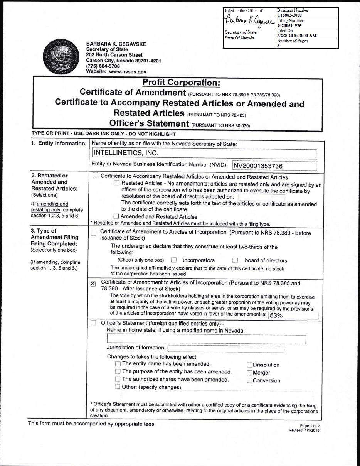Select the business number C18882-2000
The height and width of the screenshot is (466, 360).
click(x=289, y=15)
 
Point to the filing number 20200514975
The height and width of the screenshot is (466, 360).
click(x=289, y=25)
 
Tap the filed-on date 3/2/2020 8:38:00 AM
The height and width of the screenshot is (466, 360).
click(x=297, y=35)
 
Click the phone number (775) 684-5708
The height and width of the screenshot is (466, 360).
click(x=103, y=66)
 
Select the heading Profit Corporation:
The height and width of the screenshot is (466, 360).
click(x=181, y=83)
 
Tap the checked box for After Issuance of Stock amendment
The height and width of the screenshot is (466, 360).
click(x=93, y=284)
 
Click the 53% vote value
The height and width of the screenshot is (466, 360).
click(x=276, y=315)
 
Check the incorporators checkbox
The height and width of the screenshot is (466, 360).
click(x=174, y=260)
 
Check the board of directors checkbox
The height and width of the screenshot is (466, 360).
click(x=236, y=260)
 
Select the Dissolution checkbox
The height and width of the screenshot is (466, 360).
click(x=249, y=365)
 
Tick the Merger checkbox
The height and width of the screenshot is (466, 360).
click(x=249, y=373)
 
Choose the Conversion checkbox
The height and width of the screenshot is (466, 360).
click(x=249, y=381)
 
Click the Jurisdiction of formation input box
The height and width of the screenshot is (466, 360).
click(x=225, y=349)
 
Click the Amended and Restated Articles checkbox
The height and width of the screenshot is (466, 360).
click(x=116, y=217)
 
